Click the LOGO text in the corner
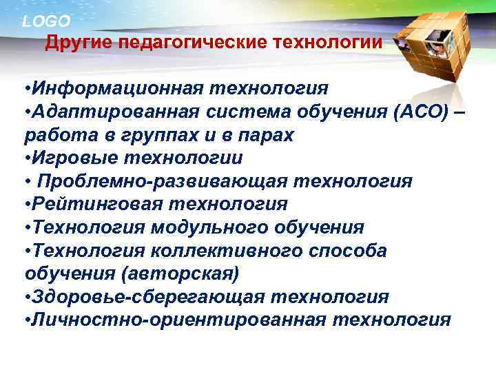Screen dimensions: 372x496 coord(45,21)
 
